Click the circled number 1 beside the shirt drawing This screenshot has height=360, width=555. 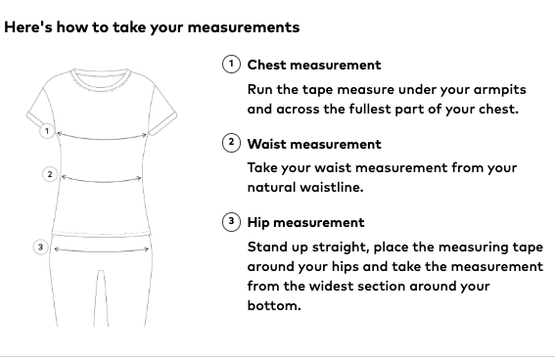(47, 131)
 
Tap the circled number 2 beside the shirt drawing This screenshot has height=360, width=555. (50, 174)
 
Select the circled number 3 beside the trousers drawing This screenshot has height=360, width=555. (41, 247)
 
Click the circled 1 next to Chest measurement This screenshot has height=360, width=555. (231, 65)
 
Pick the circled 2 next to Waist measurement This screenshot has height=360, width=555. (231, 143)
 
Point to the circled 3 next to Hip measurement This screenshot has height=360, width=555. (231, 222)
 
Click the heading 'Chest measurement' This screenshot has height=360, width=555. (314, 66)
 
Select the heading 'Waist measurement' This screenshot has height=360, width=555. (314, 144)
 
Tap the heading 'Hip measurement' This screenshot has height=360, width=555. (305, 223)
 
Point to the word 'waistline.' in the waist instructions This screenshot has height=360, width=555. (332, 187)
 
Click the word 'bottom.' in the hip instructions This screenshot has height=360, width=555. (274, 305)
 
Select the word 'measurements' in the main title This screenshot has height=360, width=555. (244, 27)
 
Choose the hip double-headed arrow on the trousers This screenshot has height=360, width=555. (102, 250)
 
